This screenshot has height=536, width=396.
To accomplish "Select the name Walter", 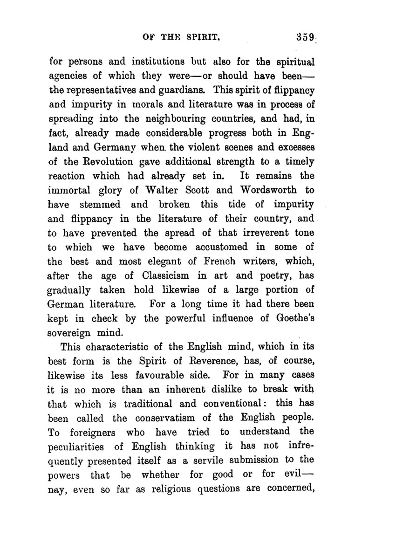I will coord(164,191).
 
